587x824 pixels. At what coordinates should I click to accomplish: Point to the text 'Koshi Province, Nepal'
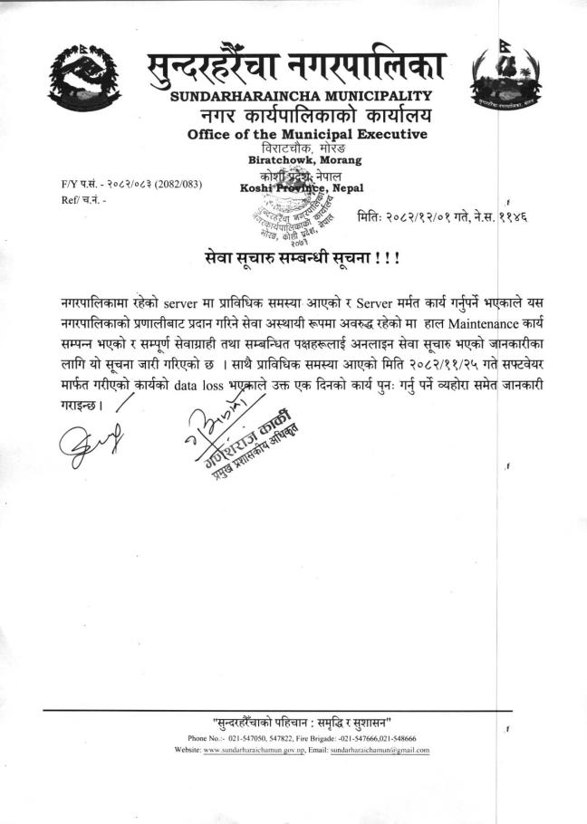(299, 187)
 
